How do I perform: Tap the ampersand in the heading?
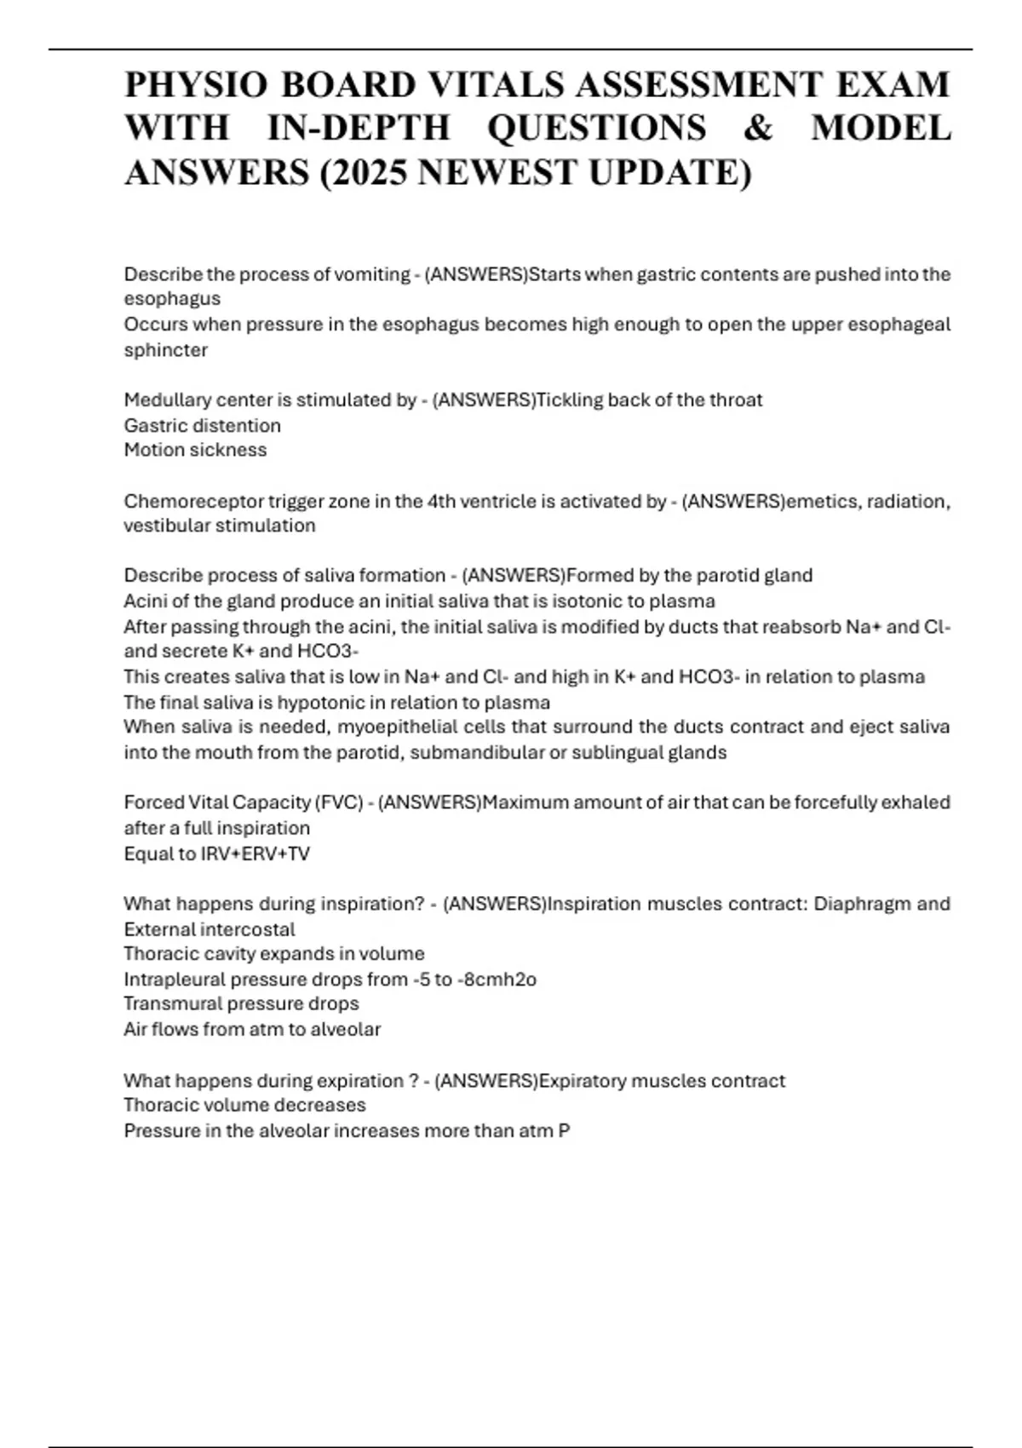pyautogui.click(x=758, y=129)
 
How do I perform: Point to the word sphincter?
pyautogui.click(x=166, y=350)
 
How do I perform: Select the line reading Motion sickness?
pyautogui.click(x=195, y=450)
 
